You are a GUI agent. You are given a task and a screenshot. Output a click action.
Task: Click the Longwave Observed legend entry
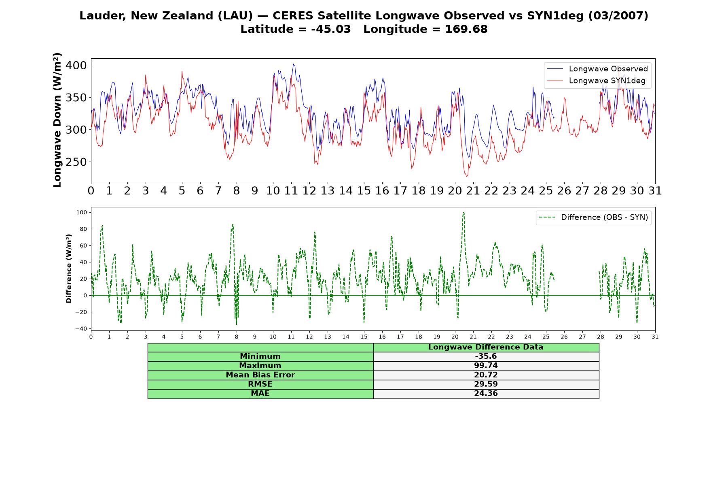pos(597,69)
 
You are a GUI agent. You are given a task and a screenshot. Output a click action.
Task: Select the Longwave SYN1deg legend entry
pos(596,81)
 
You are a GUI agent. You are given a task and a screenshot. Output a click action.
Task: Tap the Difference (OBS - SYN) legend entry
pos(593,217)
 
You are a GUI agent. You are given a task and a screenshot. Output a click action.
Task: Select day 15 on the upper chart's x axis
pos(364,190)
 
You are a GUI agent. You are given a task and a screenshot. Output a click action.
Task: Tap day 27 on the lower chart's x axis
pos(582,337)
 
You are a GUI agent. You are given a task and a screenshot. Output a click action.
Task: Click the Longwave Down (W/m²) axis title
pos(57,120)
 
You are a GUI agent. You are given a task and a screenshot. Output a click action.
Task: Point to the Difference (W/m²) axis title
pos(69,269)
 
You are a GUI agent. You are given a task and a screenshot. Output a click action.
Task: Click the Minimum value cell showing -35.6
pos(486,356)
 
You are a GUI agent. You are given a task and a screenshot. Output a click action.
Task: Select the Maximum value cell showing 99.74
pos(486,366)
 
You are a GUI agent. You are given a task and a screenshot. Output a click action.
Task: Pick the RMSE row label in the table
pos(260,384)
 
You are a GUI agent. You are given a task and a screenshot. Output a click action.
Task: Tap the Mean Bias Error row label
pos(260,375)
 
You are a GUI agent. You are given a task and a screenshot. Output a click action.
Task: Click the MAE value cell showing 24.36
pos(486,394)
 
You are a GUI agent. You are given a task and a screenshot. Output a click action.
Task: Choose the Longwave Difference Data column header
pos(486,347)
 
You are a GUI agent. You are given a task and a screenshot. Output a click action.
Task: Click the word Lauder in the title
pos(103,16)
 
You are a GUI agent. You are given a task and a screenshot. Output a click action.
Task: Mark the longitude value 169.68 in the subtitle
pos(466,29)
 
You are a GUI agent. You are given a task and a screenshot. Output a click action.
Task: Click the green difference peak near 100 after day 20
pos(463,212)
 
